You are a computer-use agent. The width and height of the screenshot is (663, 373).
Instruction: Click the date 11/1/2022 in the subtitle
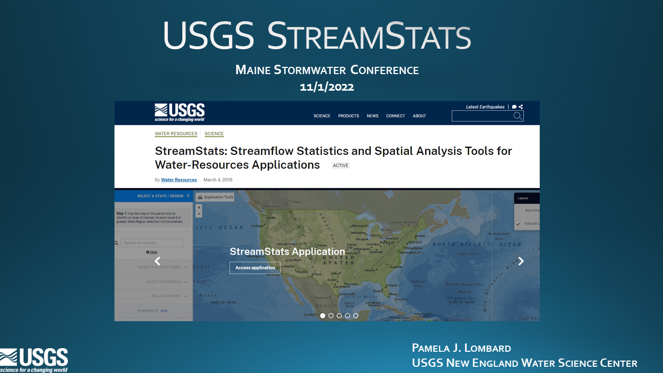(x=327, y=87)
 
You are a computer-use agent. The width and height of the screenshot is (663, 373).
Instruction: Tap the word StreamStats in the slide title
(x=368, y=36)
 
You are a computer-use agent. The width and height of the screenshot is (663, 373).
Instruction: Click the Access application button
(x=255, y=268)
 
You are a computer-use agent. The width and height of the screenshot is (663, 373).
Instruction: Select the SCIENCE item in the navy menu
(x=322, y=116)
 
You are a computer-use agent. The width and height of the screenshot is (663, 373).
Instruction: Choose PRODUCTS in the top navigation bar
(x=349, y=116)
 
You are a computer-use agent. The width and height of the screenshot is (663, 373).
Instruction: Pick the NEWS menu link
(x=372, y=116)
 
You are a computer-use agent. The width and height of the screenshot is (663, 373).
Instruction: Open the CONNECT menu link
(x=395, y=116)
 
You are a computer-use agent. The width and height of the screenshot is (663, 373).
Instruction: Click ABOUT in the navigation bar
(x=419, y=116)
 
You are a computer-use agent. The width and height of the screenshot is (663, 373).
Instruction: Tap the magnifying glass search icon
(x=517, y=116)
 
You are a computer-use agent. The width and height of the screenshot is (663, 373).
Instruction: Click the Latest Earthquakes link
(x=485, y=107)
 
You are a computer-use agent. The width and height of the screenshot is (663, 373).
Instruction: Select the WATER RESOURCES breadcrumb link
(x=176, y=134)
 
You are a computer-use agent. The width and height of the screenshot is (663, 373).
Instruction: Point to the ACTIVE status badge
(x=341, y=166)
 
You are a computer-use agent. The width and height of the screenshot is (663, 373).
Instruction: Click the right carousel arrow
(x=521, y=261)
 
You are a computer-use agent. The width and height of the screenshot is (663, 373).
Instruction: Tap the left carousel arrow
(x=157, y=261)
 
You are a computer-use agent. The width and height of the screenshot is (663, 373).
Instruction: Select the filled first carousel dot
(x=323, y=315)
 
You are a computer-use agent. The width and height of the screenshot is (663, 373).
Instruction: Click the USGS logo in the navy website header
(x=179, y=112)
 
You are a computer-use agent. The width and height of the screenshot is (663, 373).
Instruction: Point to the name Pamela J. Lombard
(x=461, y=348)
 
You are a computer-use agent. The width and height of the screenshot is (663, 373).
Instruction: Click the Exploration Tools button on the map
(x=215, y=197)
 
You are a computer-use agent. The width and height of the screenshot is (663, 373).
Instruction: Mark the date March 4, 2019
(x=218, y=180)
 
